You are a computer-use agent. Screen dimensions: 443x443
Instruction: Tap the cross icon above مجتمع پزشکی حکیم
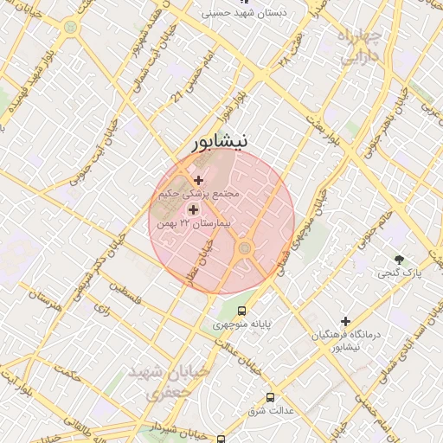pos(199,180)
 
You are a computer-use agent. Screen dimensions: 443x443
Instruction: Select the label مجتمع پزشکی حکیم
pos(198,195)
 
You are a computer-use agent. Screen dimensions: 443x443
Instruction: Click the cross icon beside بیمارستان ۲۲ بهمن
pos(192,209)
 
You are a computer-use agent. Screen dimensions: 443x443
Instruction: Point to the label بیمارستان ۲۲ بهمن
pos(195,224)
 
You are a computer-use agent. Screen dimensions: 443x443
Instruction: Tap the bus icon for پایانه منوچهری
pos(241,310)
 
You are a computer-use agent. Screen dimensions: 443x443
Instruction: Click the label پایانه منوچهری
pos(242,324)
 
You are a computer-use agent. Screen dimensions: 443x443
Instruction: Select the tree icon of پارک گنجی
pos(399,259)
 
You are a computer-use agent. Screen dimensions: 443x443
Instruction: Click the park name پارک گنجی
pos(400,273)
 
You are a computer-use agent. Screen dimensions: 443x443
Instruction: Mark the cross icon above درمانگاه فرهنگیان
pos(345,321)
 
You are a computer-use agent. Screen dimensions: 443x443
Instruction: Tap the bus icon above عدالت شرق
pos(271,397)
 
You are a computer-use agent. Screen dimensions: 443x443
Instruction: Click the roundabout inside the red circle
pos(245,249)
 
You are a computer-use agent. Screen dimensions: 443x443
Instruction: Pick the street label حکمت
pos(66,376)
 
